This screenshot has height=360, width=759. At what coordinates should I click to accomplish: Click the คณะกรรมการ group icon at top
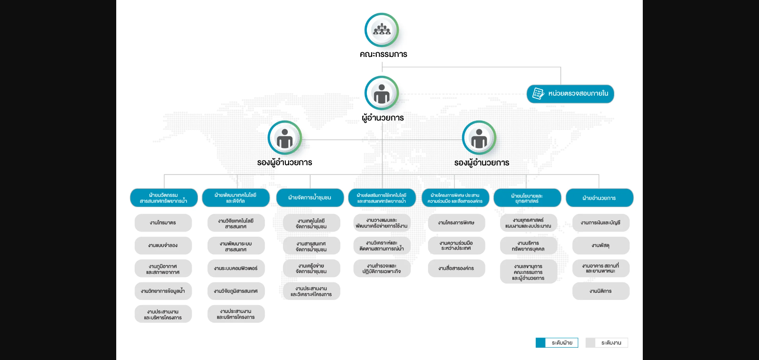381,30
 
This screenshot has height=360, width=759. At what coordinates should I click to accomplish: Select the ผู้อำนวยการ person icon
381,93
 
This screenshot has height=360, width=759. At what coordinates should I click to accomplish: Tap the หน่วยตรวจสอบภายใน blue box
570,94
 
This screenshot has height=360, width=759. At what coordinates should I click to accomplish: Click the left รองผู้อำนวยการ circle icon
285,138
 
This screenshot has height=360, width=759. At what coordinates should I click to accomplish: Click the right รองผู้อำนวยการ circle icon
479,138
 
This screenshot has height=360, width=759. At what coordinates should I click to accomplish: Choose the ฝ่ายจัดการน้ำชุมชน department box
310,198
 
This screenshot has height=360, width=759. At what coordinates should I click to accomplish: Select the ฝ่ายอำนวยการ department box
599,198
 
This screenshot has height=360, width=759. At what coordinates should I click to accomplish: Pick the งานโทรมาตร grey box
163,223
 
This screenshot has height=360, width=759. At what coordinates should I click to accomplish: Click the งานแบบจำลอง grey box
163,245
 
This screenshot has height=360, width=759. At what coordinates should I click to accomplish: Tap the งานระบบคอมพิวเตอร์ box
236,268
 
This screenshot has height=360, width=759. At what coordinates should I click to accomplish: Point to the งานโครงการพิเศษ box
456,223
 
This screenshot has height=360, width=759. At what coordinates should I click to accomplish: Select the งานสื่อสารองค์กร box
456,268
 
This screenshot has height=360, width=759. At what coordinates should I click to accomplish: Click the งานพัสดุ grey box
600,245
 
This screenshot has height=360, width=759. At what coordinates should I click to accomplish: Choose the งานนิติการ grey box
600,291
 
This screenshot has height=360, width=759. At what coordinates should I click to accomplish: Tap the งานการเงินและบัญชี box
600,223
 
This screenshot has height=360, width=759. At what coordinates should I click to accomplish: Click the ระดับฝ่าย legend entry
557,343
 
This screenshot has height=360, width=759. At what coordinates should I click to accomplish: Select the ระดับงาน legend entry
607,343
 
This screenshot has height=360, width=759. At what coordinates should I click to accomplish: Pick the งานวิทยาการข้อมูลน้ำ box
163,291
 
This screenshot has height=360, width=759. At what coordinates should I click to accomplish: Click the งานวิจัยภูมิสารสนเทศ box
236,291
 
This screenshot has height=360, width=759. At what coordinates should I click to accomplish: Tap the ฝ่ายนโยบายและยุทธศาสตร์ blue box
527,198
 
